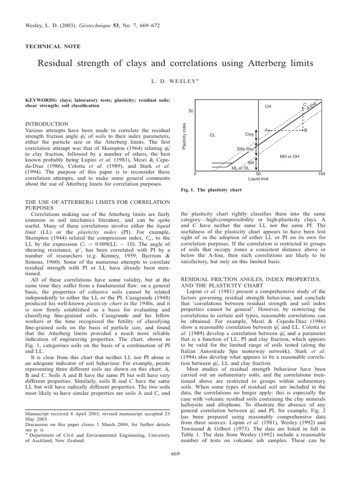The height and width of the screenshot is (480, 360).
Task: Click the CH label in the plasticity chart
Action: point(268,107)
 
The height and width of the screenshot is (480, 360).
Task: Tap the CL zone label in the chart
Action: point(212,135)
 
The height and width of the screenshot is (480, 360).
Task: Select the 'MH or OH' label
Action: point(290,156)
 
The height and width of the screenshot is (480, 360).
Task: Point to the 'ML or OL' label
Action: point(240,168)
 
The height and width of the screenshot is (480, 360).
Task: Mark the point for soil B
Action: point(304,129)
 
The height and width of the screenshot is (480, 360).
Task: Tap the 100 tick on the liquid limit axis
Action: point(321,174)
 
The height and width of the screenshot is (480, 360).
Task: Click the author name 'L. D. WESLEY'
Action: point(180,81)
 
